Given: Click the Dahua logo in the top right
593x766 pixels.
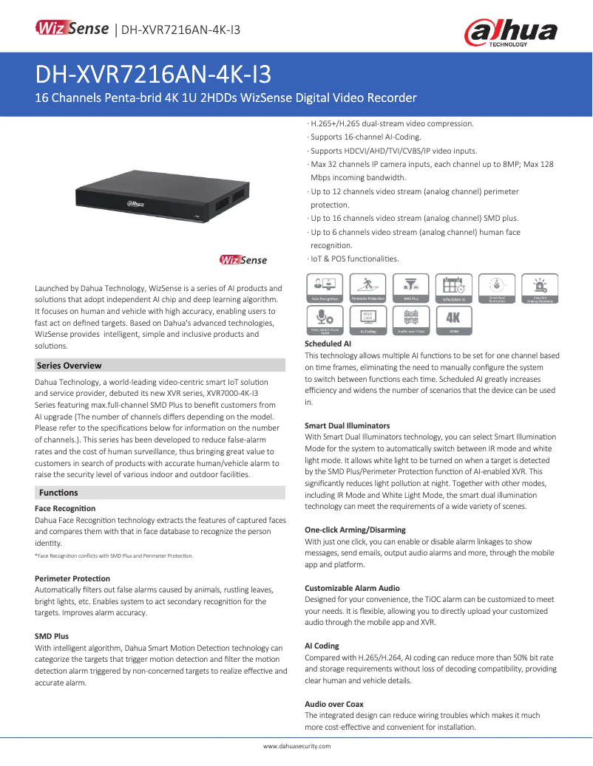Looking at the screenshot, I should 509,33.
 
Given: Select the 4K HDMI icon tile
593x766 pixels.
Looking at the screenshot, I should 453,321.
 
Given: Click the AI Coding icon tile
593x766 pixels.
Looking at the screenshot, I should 367,321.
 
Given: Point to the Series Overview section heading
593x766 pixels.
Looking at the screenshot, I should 70,365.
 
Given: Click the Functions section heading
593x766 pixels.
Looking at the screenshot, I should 58,492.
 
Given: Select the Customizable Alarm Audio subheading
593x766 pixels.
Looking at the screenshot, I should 352,588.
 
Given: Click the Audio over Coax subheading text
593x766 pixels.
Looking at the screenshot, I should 333,704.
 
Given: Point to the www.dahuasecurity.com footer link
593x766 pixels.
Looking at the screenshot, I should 296,746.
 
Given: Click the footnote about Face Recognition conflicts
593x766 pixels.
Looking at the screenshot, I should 114,555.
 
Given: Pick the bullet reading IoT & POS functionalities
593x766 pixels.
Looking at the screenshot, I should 353,259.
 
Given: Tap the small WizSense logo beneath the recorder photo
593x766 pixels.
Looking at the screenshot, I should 243,259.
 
